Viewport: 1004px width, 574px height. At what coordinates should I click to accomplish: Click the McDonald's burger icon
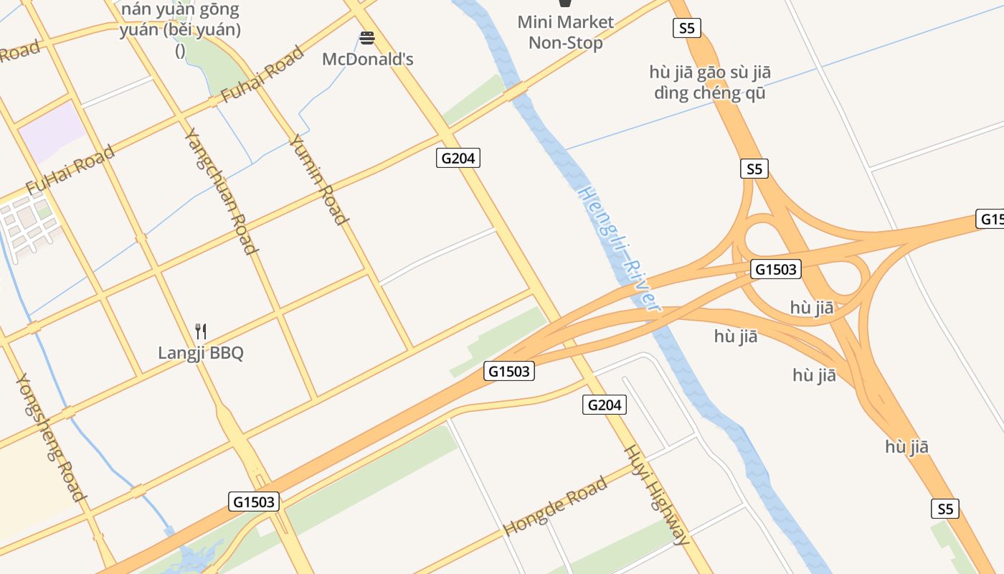(367, 38)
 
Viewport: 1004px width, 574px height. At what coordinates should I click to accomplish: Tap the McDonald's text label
(367, 60)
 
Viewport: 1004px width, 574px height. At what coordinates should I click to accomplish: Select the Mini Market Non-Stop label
(565, 32)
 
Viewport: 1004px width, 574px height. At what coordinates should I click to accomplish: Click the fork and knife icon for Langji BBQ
(201, 331)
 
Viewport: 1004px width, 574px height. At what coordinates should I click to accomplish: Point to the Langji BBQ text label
(201, 353)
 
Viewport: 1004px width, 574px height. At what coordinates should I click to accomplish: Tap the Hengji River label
(618, 248)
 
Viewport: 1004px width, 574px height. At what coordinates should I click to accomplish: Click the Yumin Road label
(319, 179)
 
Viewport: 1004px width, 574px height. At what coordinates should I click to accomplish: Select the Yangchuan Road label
(221, 191)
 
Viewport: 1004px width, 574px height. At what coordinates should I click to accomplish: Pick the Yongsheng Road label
(51, 437)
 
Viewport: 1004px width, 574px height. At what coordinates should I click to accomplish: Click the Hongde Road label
(556, 505)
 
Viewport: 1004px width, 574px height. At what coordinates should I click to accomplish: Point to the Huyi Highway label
(657, 495)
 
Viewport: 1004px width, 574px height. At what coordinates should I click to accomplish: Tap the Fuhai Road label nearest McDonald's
(262, 75)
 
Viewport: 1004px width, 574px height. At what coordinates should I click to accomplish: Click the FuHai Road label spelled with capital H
(70, 169)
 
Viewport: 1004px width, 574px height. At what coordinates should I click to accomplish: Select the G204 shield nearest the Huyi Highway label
(604, 405)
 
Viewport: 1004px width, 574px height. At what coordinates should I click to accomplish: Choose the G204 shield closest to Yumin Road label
(458, 158)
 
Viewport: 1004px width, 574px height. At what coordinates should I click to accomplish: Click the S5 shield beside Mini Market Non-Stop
(687, 28)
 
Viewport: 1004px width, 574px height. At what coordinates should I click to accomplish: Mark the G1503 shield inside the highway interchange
(775, 270)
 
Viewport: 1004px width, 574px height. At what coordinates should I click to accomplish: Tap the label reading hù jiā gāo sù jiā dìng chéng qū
(709, 83)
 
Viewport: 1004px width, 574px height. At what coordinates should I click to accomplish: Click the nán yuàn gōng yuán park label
(181, 29)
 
